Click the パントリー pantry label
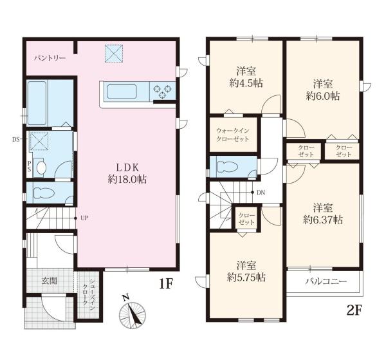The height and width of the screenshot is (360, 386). [x=50, y=59]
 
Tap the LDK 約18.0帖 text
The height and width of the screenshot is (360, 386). [x=127, y=173]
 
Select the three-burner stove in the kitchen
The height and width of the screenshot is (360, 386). [x=162, y=91]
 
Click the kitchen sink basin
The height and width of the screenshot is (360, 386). [x=122, y=91]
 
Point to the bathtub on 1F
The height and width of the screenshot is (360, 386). [x=37, y=103]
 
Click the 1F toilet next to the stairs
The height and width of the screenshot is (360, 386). [x=43, y=193]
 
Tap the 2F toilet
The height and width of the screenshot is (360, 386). [x=227, y=167]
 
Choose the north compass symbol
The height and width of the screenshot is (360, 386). [x=132, y=312]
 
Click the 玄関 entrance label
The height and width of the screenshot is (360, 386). [x=50, y=281]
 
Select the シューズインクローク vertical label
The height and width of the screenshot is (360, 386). [x=88, y=292]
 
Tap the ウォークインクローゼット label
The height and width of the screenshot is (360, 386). [x=233, y=135]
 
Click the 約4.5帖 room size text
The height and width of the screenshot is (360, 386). [x=246, y=83]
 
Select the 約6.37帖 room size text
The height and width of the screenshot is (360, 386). [x=323, y=220]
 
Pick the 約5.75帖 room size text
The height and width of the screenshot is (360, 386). [x=246, y=278]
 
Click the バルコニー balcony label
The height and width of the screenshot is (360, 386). [x=326, y=281]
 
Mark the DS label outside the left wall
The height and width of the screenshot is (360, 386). [x=15, y=140]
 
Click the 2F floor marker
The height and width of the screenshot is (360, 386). [x=354, y=311]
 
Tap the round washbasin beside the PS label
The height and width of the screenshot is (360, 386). [x=41, y=167]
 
